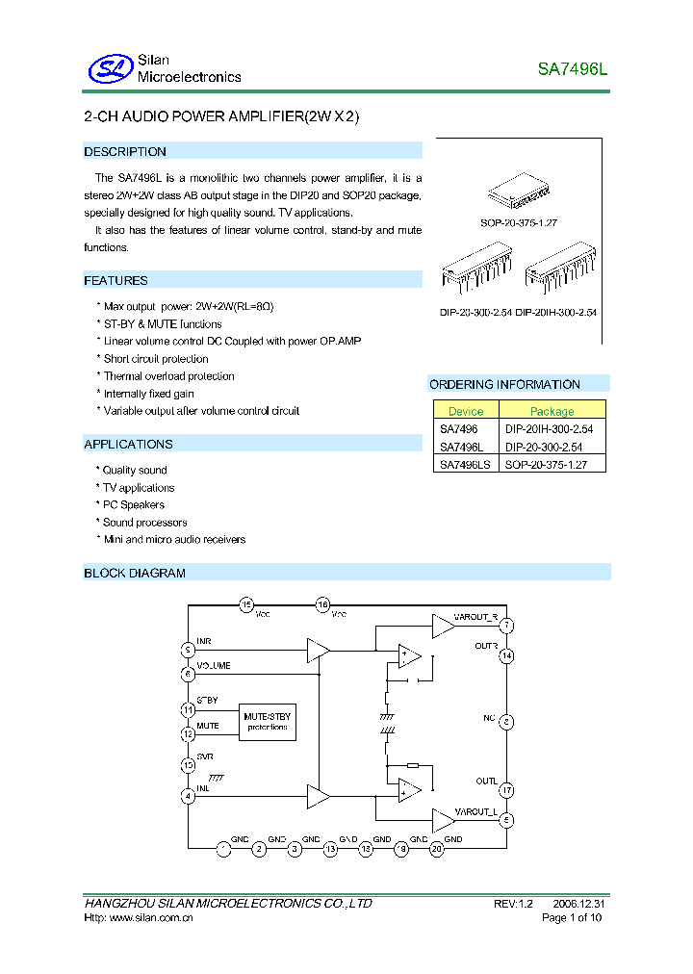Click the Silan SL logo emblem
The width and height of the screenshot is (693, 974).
[x=108, y=68]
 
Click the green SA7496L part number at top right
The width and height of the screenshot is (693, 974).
[x=573, y=70]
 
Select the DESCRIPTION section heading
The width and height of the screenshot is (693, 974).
[x=125, y=152]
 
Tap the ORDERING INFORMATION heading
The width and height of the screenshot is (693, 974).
[x=504, y=385]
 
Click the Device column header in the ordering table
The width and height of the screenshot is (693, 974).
[x=466, y=411]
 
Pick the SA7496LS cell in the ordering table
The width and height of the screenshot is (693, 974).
[x=463, y=464]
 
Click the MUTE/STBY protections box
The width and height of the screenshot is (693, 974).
[x=267, y=721]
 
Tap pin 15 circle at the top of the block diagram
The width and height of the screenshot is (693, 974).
[x=246, y=605]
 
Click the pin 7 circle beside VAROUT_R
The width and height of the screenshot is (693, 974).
[x=506, y=626]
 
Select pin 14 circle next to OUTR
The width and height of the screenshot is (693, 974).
[x=506, y=656]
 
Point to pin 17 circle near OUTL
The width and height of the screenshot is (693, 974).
[x=506, y=790]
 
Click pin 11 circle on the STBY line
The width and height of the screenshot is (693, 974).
[x=189, y=709]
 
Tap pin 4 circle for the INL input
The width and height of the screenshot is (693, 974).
[x=189, y=796]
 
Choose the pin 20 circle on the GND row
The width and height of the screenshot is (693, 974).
[x=436, y=848]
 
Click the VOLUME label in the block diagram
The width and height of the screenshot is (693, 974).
[x=214, y=666]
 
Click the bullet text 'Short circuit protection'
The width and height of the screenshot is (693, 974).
[x=156, y=359]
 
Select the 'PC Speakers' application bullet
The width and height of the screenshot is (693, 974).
[x=134, y=505]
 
